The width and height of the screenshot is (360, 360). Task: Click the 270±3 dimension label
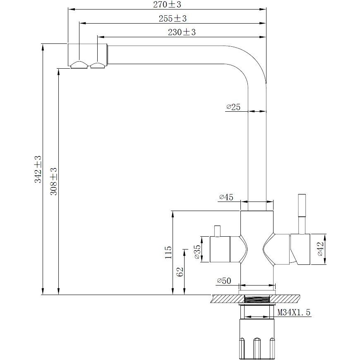(167, 5)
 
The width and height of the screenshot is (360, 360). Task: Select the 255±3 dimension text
(173, 18)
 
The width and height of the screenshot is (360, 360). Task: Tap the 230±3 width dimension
(182, 32)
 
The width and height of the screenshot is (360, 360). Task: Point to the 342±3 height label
(38, 169)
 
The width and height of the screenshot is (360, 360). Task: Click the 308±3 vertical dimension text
(54, 181)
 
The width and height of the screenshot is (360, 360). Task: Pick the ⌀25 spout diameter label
(233, 107)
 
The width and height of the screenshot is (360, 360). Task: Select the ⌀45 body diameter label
(226, 197)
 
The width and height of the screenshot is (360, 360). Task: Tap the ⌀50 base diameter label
(224, 281)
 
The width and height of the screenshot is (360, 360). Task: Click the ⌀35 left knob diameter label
(198, 252)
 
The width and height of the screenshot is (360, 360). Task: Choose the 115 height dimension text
(168, 252)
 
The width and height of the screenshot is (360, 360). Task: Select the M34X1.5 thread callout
(294, 312)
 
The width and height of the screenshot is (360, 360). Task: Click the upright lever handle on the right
(302, 214)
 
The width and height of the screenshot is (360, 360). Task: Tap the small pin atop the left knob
(217, 231)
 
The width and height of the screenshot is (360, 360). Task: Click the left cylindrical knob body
(220, 249)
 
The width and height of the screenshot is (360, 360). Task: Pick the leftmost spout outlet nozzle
(79, 65)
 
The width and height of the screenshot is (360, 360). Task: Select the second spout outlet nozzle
(98, 65)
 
